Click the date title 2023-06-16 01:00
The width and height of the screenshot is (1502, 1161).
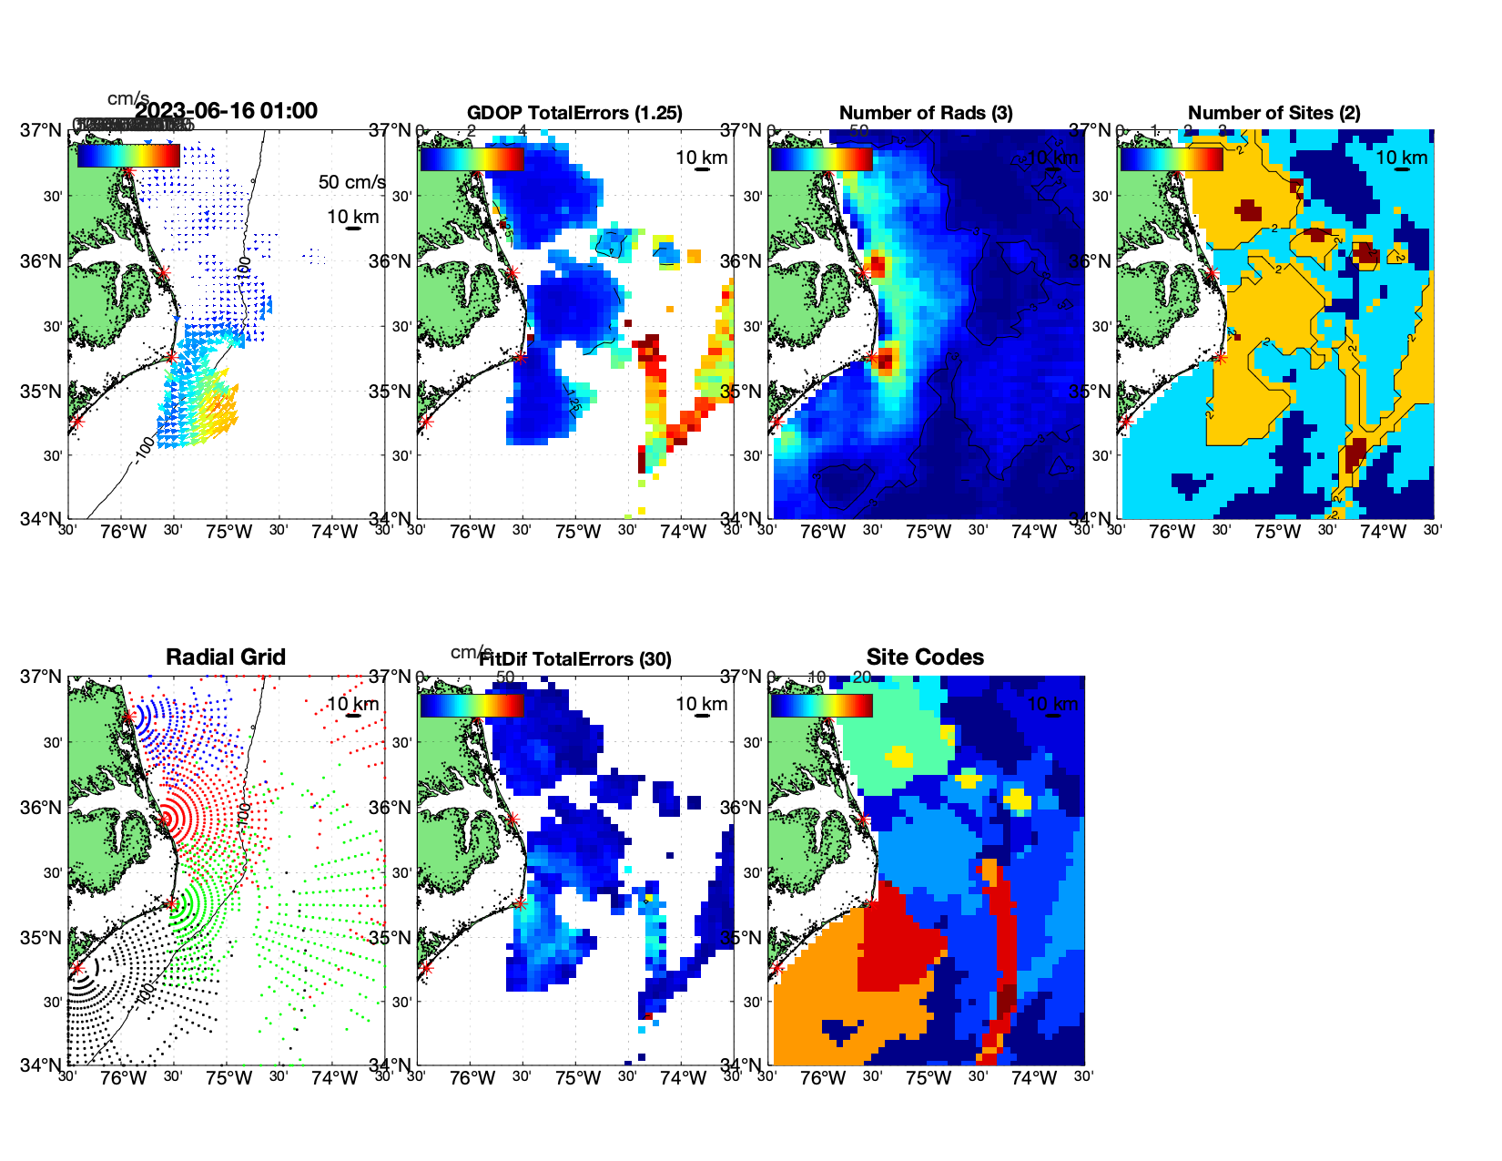[x=226, y=111]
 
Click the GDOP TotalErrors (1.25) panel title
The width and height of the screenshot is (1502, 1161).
[x=574, y=113]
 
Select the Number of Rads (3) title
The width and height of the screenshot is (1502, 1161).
[x=926, y=113]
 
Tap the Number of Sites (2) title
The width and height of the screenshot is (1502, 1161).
[x=1274, y=113]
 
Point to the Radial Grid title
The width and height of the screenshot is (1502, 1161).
[x=226, y=657]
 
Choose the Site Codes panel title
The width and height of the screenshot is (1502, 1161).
[x=925, y=657]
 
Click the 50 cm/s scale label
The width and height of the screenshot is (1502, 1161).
[x=351, y=182]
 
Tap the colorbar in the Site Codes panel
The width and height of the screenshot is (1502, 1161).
[x=821, y=706]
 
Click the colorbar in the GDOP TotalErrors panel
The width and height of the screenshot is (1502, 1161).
[x=472, y=159]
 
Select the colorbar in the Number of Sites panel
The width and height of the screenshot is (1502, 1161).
[x=1171, y=159]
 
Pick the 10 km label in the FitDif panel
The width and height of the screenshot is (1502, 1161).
[x=701, y=704]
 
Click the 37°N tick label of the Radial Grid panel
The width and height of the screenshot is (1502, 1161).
[x=42, y=677]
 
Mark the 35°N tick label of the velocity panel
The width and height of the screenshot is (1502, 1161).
[x=42, y=392]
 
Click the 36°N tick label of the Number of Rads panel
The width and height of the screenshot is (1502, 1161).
[x=743, y=261]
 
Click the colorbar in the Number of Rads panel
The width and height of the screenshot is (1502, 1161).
[x=821, y=159]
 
